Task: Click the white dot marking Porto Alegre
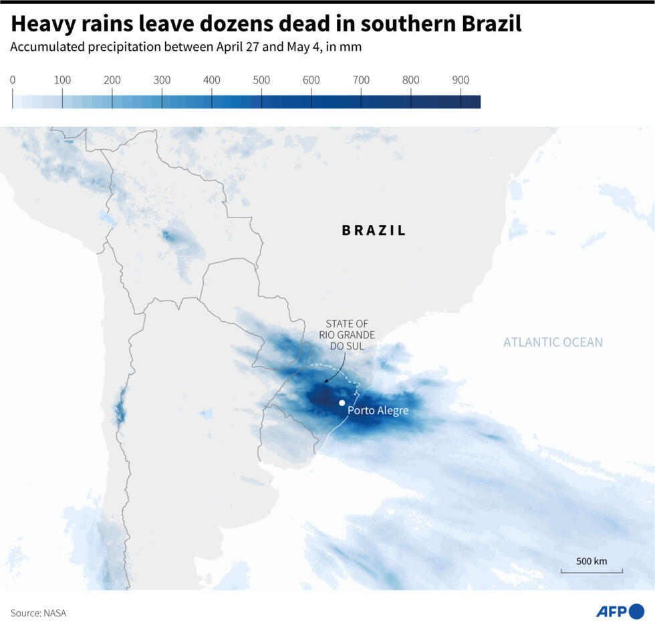(x=342, y=403)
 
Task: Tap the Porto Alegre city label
(x=378, y=410)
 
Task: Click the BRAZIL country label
(x=374, y=230)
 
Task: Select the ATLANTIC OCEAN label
(x=553, y=343)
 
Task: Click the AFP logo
(x=620, y=611)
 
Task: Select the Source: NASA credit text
(x=38, y=613)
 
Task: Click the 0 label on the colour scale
(x=13, y=80)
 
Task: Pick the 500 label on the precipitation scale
(x=261, y=80)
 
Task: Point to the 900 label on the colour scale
(x=461, y=80)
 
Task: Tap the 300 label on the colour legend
(x=162, y=80)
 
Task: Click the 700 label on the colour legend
(x=361, y=80)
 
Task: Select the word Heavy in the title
(x=43, y=24)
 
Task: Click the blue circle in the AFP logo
(x=636, y=611)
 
